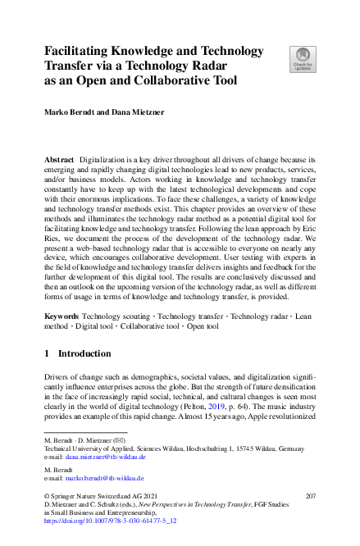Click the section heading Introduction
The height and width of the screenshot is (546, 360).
click(x=84, y=353)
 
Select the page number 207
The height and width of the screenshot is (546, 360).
click(x=310, y=497)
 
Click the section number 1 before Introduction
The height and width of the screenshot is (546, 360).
click(x=47, y=353)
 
